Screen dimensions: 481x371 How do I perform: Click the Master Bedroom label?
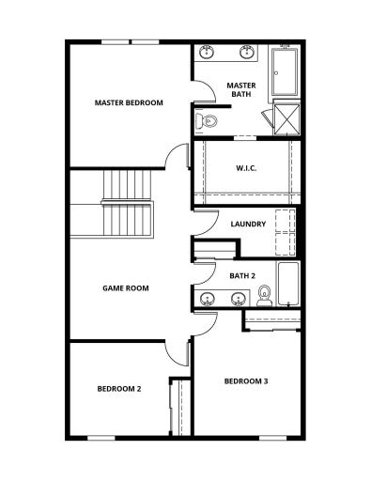point(130,102)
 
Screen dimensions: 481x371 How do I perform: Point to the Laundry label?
point(247,224)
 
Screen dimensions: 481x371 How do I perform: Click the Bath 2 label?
point(242,275)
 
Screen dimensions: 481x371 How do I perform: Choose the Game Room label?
point(126,288)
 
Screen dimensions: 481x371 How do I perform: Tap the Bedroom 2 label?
point(119,388)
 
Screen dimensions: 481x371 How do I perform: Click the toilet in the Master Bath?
point(209,120)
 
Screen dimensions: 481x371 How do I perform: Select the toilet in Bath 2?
point(264,297)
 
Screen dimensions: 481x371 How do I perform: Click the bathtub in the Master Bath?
point(286,72)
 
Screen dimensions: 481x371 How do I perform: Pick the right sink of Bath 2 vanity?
point(239,300)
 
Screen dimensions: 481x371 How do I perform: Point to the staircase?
point(127,202)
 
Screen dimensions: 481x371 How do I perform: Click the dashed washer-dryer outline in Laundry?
point(285,232)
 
